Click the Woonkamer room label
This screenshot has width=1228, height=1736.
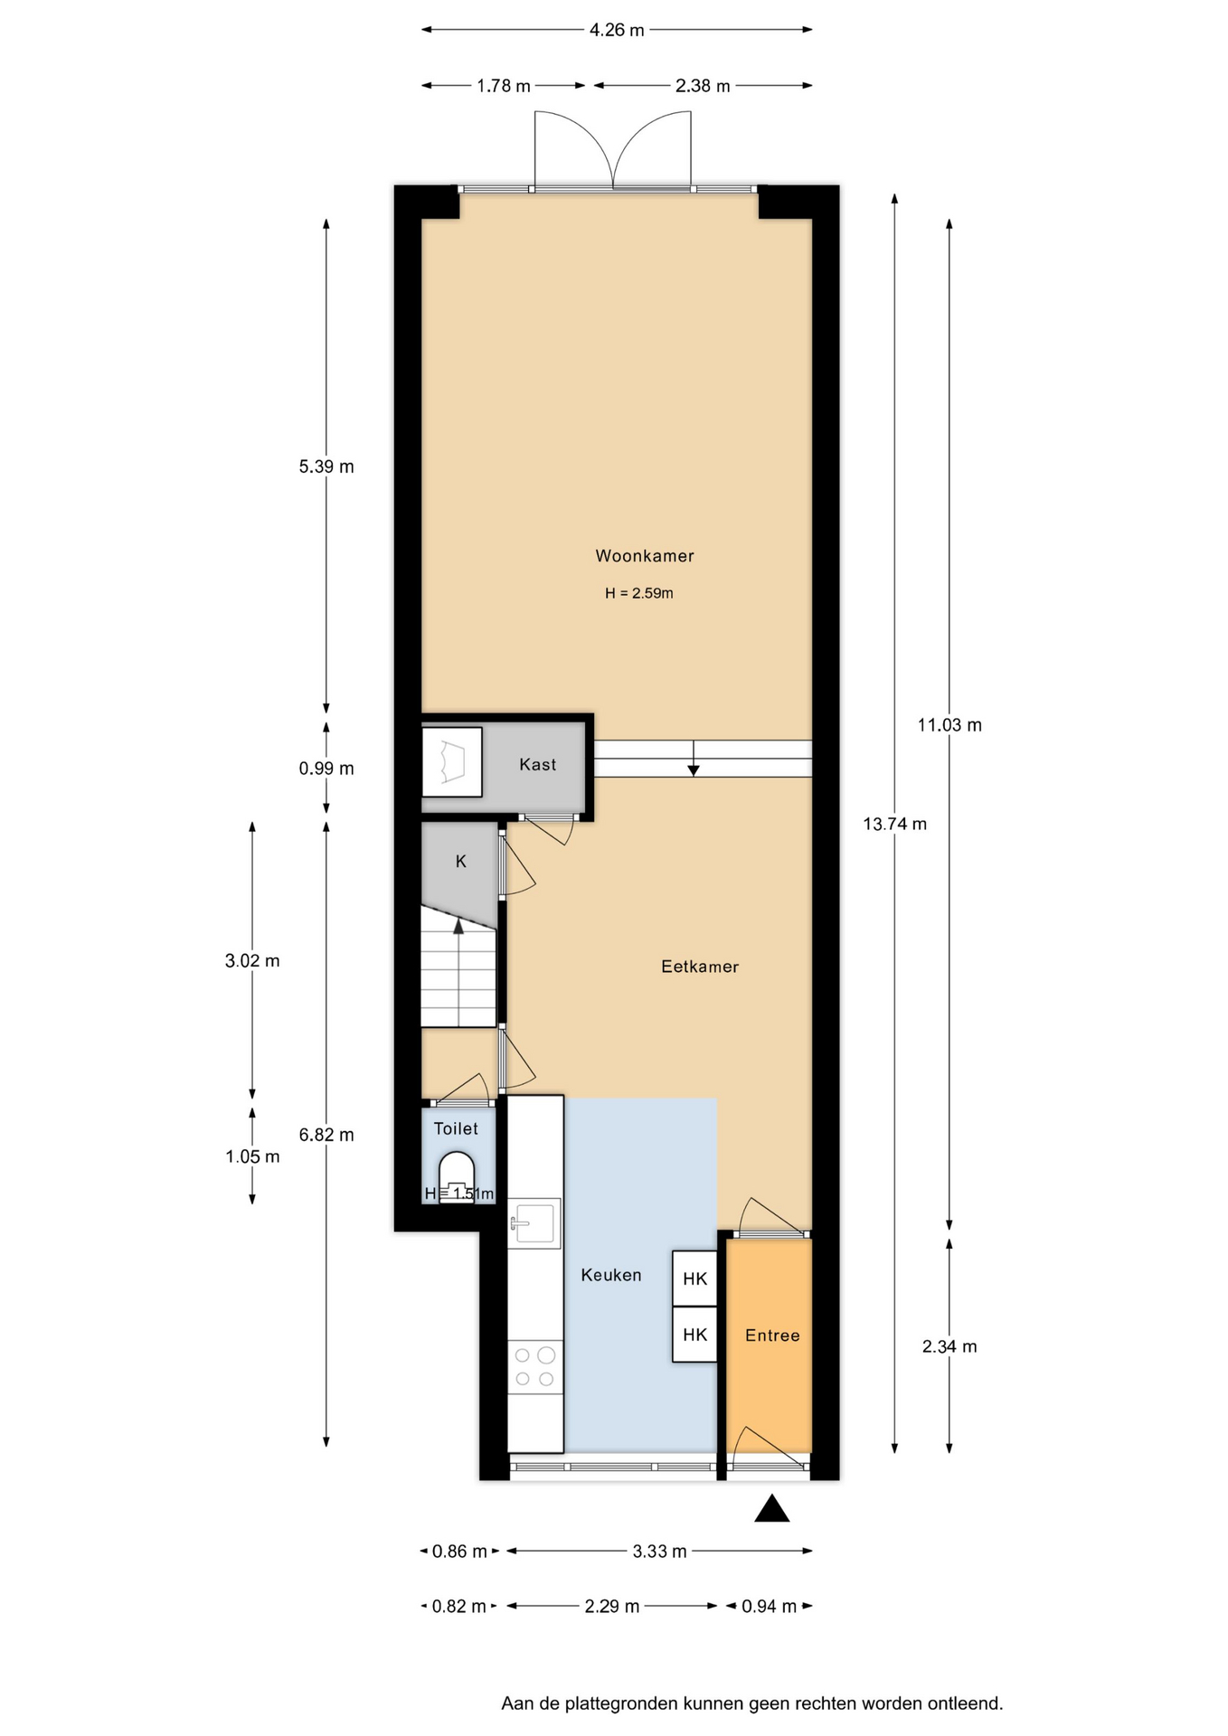644,556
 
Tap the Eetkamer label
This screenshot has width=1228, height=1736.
700,967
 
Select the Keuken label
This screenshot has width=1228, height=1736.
611,1275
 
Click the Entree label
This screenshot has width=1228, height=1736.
772,1335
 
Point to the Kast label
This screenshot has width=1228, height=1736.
537,765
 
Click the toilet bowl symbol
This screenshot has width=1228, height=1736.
457,1176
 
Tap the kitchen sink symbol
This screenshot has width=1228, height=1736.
534,1224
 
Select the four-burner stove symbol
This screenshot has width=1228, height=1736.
534,1367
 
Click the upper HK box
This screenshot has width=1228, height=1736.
694,1278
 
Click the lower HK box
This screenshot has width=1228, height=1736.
694,1335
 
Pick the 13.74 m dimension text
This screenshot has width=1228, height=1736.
894,824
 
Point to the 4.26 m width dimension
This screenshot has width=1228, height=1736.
617,30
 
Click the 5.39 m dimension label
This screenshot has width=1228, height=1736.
326,467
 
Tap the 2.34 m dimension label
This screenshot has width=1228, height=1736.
949,1346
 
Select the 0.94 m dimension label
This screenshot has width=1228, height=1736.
770,1606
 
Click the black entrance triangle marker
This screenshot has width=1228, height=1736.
772,1509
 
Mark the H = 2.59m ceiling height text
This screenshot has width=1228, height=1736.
639,593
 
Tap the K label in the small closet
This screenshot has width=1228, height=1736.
461,862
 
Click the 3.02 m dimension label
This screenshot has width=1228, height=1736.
252,960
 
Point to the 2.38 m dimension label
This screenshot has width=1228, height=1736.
703,86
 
